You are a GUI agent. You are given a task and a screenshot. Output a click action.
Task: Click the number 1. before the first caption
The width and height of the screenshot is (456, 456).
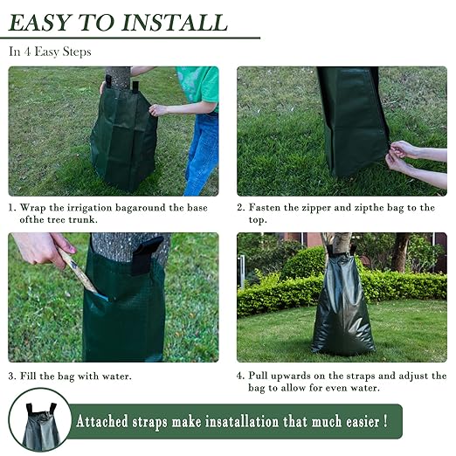click(12, 208)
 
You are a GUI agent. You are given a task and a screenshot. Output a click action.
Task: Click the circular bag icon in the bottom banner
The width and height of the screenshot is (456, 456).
click(40, 422)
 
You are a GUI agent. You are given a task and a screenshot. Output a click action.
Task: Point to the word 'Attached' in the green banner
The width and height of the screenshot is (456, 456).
click(107, 422)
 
